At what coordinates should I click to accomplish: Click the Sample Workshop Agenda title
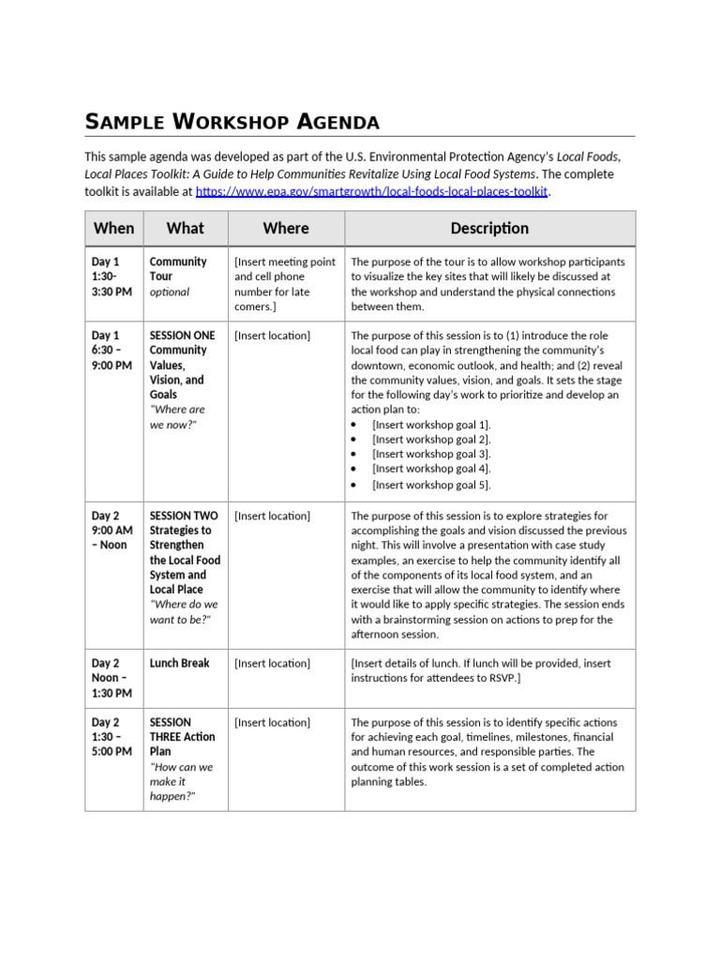point(232,122)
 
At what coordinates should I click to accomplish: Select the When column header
point(114,228)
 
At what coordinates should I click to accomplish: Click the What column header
point(185,228)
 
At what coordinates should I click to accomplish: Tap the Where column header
point(286,228)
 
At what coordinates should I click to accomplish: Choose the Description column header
point(489,228)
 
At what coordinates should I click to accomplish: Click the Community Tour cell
point(178,269)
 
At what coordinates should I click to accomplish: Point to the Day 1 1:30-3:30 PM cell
point(112,277)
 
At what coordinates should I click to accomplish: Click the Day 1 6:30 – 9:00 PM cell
point(112,350)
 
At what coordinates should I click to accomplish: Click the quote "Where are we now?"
point(177,417)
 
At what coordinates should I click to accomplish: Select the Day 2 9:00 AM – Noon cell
point(112,531)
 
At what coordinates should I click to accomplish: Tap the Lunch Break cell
point(179,663)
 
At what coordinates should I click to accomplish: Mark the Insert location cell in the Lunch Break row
point(272,663)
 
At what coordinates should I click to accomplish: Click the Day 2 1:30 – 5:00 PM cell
point(112,737)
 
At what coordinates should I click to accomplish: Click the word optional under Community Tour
point(169,292)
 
